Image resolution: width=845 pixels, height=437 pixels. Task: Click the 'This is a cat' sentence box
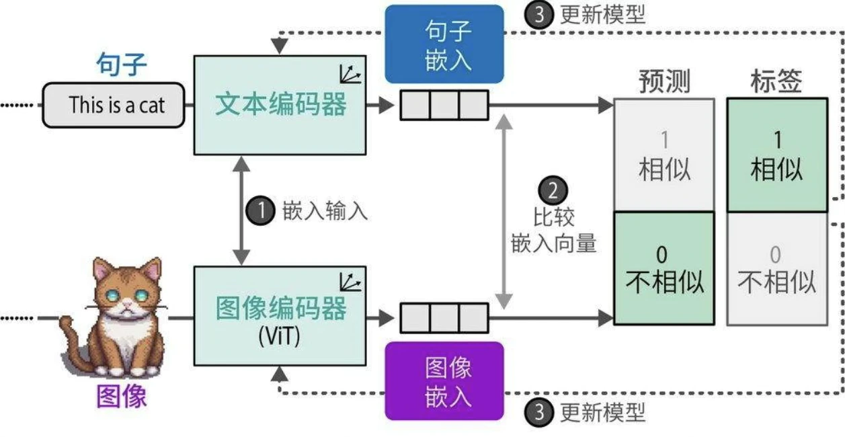(114, 105)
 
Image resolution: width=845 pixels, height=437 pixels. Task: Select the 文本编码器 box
(280, 105)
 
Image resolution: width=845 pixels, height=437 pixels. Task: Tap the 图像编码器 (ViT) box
(280, 315)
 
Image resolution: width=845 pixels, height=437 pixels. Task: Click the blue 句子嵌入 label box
(444, 44)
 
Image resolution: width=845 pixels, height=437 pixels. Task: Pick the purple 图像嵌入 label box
(444, 381)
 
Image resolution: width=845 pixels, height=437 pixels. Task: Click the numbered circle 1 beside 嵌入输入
(260, 210)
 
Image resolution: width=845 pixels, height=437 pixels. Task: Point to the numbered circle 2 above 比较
(553, 190)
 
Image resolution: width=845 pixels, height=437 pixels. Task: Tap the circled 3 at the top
(540, 14)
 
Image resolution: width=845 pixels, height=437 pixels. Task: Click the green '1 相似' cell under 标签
(776, 155)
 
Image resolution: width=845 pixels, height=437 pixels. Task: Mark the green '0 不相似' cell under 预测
(663, 269)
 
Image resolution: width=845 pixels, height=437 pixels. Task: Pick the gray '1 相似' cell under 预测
(663, 155)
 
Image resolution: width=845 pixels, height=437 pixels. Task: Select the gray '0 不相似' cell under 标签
(776, 269)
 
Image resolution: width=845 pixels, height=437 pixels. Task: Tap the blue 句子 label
(121, 66)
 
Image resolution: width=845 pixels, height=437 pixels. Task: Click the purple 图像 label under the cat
(121, 397)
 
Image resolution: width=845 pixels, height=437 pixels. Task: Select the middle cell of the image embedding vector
(444, 317)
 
